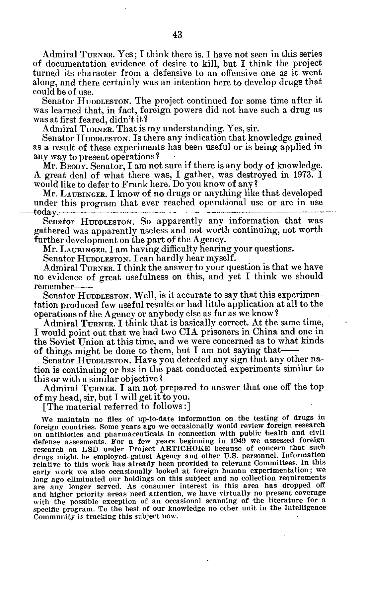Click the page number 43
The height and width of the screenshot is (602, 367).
pos(178,35)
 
